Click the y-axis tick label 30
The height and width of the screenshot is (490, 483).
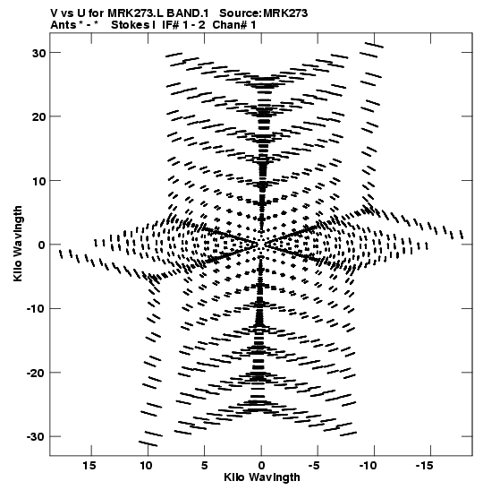point(38,53)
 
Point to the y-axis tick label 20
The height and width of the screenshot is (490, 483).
point(38,116)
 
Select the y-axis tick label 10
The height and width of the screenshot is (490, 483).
point(38,181)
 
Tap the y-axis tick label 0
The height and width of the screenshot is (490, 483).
point(42,245)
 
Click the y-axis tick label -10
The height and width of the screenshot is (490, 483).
point(36,309)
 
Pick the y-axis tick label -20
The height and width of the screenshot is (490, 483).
point(36,374)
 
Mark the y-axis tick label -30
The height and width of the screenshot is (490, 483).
point(36,437)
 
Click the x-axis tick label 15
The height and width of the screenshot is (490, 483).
point(89,466)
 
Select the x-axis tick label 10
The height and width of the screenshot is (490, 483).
point(146,466)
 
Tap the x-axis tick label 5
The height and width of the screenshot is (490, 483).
point(204,466)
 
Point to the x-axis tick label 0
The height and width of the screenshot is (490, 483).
point(261,466)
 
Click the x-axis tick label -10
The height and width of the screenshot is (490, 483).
point(369,466)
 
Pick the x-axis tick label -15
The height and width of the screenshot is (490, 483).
point(424,466)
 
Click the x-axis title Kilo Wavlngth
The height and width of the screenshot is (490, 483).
point(262,477)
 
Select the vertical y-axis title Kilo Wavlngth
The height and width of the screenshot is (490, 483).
point(18,244)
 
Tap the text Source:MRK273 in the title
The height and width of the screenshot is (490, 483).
point(264,13)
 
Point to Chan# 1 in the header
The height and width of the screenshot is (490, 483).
point(234,25)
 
